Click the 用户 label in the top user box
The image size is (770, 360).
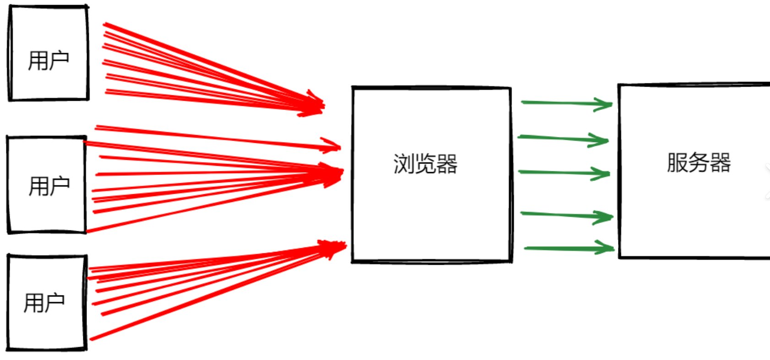pyautogui.click(x=49, y=60)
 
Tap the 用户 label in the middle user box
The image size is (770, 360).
pyautogui.click(x=49, y=186)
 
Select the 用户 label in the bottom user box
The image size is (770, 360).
pyautogui.click(x=44, y=303)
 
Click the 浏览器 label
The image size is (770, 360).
pyautogui.click(x=425, y=164)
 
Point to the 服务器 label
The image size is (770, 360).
pyautogui.click(x=699, y=163)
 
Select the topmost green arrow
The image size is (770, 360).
pyautogui.click(x=567, y=103)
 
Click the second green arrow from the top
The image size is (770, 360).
pyautogui.click(x=563, y=138)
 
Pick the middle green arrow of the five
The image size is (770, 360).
pyautogui.click(x=564, y=173)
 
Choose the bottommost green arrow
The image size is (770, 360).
pyautogui.click(x=569, y=248)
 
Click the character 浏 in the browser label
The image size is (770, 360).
pyautogui.click(x=403, y=164)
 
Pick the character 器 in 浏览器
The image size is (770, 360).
pyautogui.click(x=447, y=164)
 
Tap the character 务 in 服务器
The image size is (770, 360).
pyautogui.click(x=699, y=163)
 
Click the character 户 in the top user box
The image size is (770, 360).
pyautogui.click(x=59, y=60)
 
